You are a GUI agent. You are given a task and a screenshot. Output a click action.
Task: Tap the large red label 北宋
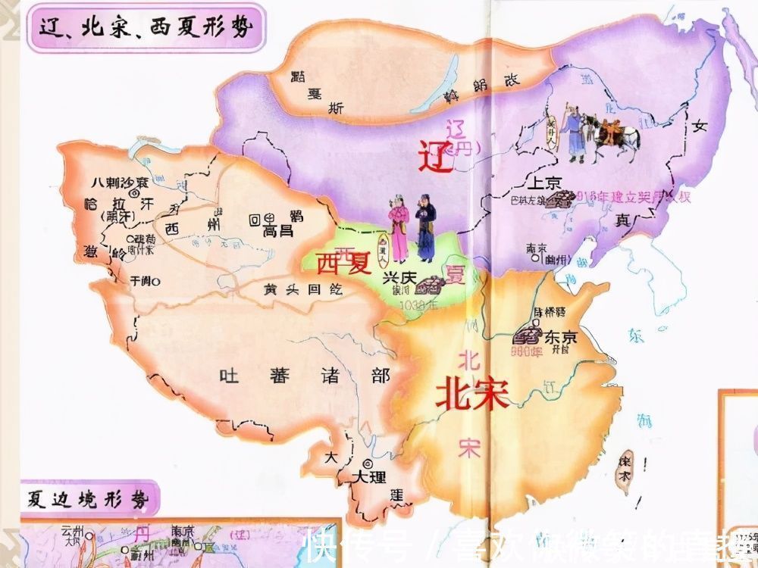pyautogui.click(x=471, y=394)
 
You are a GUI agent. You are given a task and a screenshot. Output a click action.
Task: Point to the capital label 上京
pyautogui.click(x=543, y=183)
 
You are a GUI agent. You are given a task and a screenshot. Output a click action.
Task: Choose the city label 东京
pyautogui.click(x=560, y=338)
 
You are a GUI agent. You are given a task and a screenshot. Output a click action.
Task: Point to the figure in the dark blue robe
pyautogui.click(x=424, y=231)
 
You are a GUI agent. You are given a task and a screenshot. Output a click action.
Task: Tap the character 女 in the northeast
pyautogui.click(x=698, y=127)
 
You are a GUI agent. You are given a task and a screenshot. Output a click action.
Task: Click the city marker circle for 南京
pyautogui.click(x=536, y=257)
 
